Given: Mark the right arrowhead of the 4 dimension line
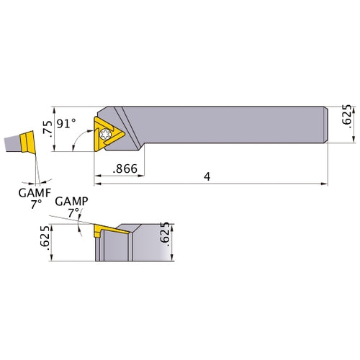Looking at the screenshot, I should [325, 184].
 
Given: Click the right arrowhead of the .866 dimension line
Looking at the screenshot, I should [144, 174].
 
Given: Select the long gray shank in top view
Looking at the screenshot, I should [238, 126].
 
